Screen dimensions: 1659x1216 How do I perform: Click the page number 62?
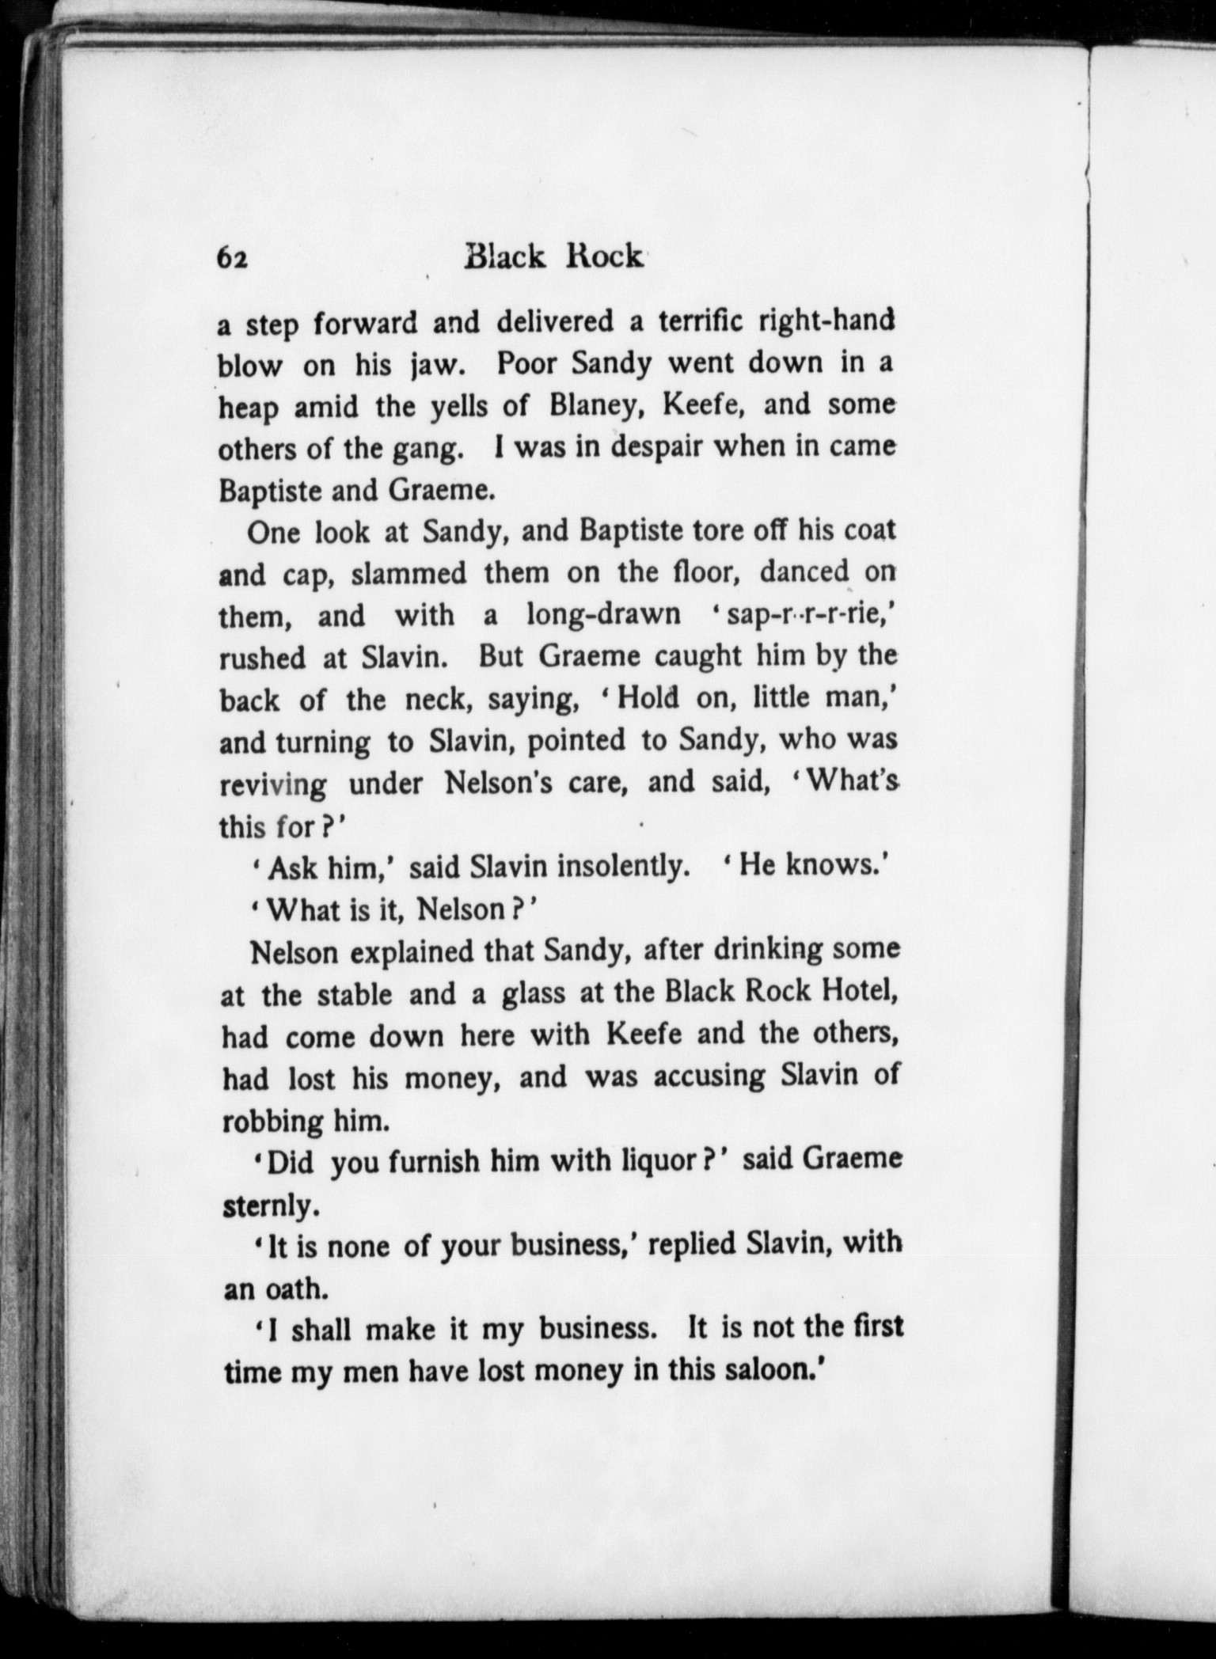(x=233, y=259)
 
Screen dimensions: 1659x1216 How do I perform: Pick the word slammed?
(x=409, y=574)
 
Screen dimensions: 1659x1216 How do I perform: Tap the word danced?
(x=794, y=571)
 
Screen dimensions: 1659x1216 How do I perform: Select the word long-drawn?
(x=603, y=616)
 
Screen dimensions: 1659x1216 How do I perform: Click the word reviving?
(x=272, y=785)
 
